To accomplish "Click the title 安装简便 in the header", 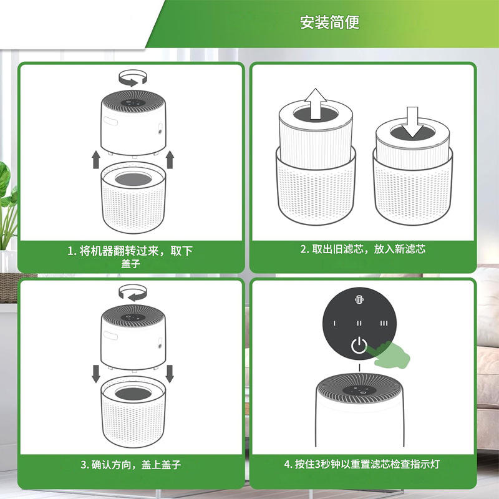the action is pos(330,22).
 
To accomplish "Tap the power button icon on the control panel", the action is pos(359,346).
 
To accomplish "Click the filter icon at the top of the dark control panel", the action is pos(359,299).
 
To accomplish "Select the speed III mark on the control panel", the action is pos(384,323).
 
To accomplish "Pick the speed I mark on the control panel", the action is pos(334,323).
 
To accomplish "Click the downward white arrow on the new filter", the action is pos(412,122).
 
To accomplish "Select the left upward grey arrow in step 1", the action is pos(96,160).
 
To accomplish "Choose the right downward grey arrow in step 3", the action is pos(170,374).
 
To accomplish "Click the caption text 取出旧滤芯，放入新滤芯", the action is pos(369,249).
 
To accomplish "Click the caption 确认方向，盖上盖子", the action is pos(136,465).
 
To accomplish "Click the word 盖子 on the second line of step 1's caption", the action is pos(130,263).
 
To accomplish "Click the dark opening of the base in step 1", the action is pos(133,180).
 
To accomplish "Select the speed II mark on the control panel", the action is pos(359,323).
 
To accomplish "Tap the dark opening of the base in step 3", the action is pos(133,394).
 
